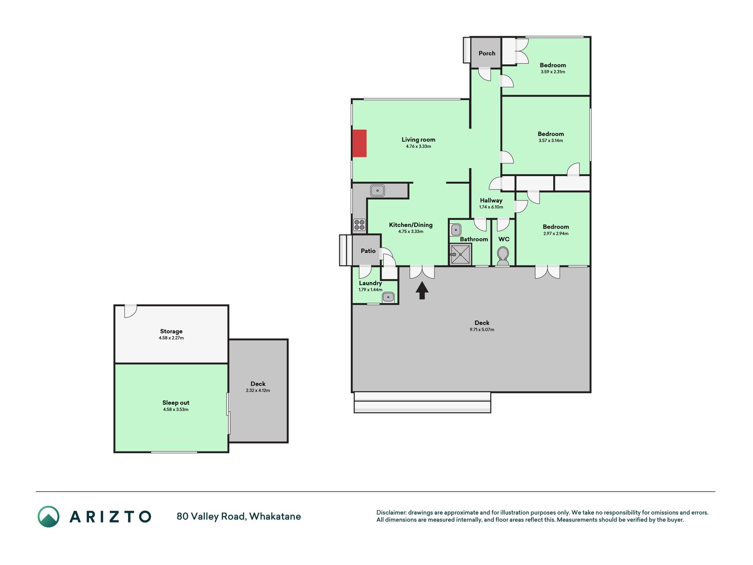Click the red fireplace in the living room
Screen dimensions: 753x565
click(x=360, y=143)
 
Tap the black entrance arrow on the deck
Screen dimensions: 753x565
click(x=422, y=290)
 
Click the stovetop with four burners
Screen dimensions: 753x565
click(x=360, y=225)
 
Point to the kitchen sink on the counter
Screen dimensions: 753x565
click(x=377, y=190)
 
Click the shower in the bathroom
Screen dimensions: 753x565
click(x=460, y=255)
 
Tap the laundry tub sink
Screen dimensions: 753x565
click(x=388, y=297)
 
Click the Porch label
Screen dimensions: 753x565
click(x=487, y=53)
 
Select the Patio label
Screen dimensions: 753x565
click(x=368, y=251)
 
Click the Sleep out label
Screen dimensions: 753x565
click(x=176, y=403)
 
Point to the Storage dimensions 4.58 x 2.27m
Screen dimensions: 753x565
click(x=171, y=338)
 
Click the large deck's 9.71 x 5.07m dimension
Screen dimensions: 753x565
click(x=482, y=330)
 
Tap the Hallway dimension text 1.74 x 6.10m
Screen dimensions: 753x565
click(x=491, y=207)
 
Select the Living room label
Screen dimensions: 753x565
click(x=418, y=139)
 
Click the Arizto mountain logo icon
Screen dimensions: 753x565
click(x=49, y=516)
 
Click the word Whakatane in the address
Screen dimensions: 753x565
click(x=275, y=516)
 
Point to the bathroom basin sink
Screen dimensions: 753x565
click(x=456, y=230)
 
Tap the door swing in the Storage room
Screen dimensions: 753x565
click(x=130, y=311)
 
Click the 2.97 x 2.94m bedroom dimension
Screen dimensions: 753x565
click(x=556, y=234)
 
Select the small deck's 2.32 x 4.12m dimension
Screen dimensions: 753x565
click(x=258, y=391)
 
